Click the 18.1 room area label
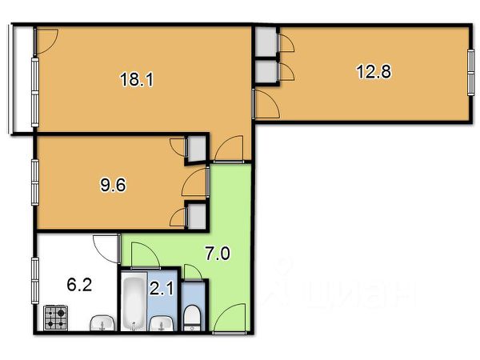tap(137, 79)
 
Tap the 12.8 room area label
tap(374, 72)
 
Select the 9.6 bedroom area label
tap(113, 185)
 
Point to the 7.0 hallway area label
tap(218, 254)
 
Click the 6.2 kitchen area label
tap(79, 285)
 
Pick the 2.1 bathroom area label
tap(162, 288)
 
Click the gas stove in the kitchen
tap(56, 318)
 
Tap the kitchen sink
tap(102, 322)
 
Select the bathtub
tap(134, 302)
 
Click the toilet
tap(192, 318)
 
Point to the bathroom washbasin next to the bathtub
tap(161, 323)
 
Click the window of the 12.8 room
tap(471, 73)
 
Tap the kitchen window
tap(35, 281)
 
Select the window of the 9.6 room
tap(35, 182)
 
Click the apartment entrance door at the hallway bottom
tap(230, 318)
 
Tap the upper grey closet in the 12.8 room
tap(266, 42)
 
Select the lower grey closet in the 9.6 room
tap(197, 216)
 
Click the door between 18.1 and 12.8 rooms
tap(266, 104)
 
